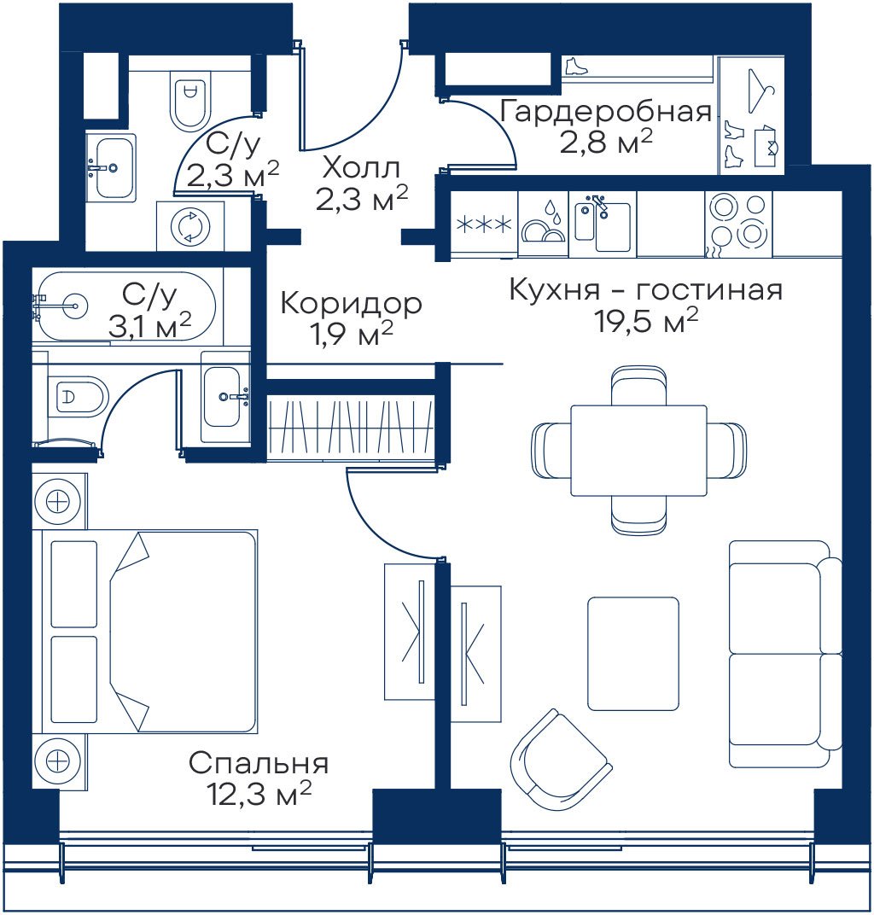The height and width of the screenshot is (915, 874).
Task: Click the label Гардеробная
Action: (606, 112)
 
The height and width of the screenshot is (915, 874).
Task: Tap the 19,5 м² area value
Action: (646, 320)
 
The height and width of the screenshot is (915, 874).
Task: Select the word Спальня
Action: (259, 763)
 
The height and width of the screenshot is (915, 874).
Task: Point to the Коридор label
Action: (352, 304)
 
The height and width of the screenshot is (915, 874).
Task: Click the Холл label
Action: (362, 169)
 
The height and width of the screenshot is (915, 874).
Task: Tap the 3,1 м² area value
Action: (150, 325)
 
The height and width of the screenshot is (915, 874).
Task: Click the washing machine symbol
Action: (190, 226)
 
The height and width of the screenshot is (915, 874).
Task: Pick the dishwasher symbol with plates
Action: (543, 225)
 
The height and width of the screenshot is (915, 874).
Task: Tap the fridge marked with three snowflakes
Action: (484, 224)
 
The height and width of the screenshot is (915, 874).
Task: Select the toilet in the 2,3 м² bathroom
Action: (190, 98)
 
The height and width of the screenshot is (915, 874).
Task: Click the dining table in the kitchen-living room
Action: (639, 451)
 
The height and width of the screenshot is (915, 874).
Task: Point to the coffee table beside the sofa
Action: (633, 654)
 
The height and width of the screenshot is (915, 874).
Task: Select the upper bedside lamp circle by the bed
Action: (58, 501)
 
